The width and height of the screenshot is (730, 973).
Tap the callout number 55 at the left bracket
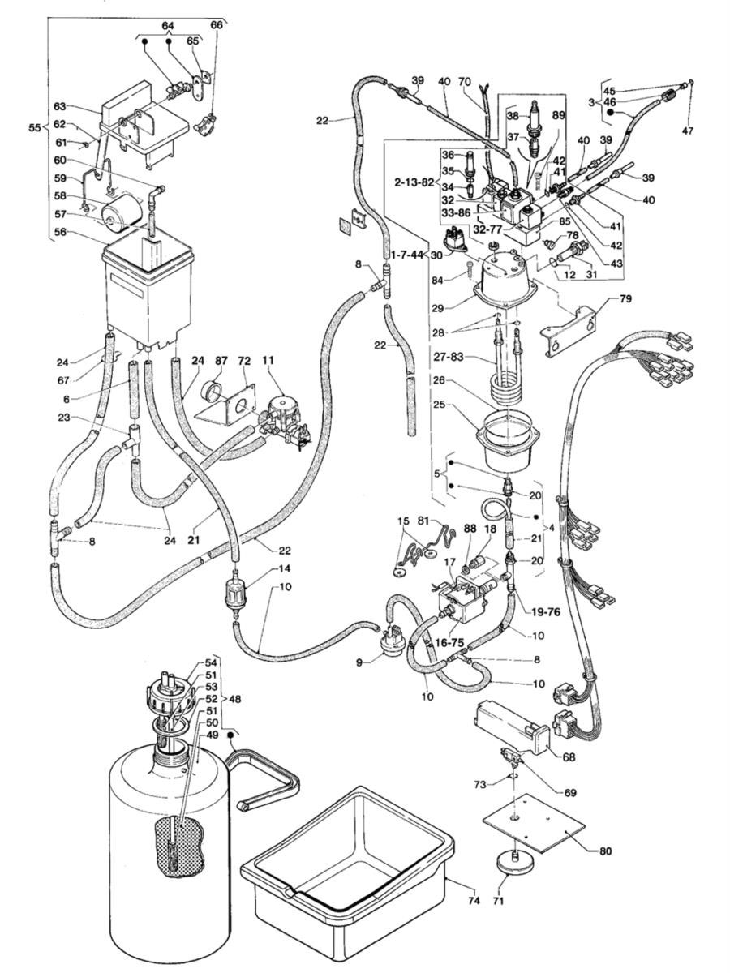click(33, 128)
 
